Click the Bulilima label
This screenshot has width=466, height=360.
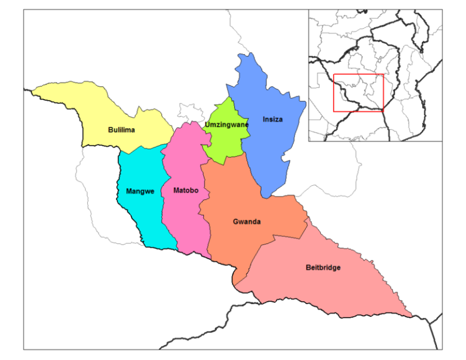[121, 130]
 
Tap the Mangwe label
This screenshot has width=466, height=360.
[140, 191]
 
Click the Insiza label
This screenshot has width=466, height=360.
[272, 119]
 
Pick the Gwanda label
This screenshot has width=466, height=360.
[247, 222]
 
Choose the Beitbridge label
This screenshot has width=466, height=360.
[323, 268]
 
